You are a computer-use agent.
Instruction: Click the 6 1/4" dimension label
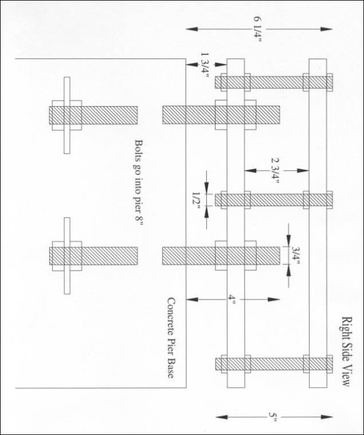257,29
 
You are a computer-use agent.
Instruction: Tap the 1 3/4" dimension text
205,65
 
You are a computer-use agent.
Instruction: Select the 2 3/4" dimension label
275,170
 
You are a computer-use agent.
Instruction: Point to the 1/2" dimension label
196,201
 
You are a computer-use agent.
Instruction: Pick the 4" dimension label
232,300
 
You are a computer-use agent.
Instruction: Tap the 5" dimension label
273,417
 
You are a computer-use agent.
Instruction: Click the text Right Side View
346,351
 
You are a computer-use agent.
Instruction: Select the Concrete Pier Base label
171,337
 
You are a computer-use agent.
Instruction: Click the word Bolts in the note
139,150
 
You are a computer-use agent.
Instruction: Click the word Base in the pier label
171,369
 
